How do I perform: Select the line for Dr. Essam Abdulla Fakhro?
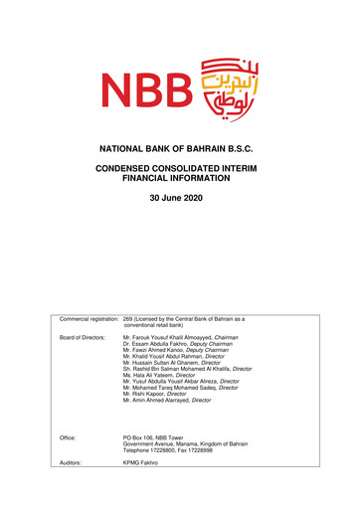pos(178,346)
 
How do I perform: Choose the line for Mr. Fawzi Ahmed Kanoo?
pos(178,353)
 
